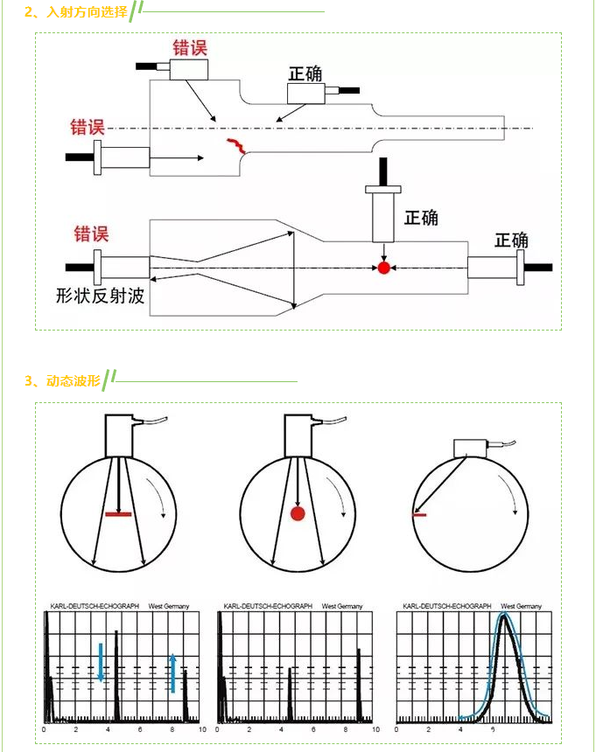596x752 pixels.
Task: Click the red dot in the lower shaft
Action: [x=382, y=267]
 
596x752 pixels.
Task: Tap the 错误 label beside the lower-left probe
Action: [x=91, y=233]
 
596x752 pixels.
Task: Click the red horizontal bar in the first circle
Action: [x=118, y=514]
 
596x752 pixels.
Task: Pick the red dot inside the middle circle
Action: [x=297, y=513]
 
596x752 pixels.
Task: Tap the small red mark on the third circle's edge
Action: [x=418, y=516]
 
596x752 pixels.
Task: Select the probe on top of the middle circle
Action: [x=298, y=434]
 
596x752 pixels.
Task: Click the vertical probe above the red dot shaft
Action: [x=382, y=214]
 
